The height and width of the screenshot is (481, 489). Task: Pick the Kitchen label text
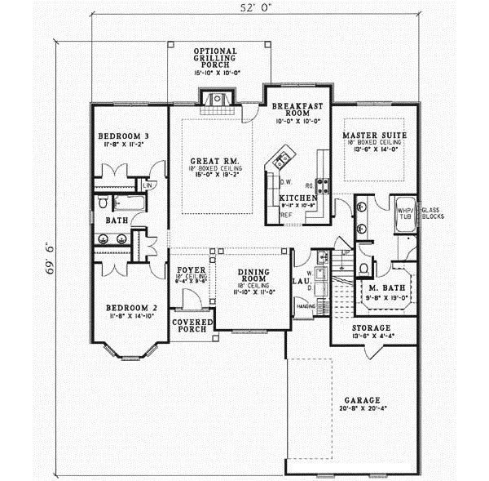297,198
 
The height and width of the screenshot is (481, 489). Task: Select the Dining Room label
252,274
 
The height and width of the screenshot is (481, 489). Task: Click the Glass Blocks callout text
432,212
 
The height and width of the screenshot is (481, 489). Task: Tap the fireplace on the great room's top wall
216,100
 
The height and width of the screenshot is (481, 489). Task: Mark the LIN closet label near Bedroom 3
148,185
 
